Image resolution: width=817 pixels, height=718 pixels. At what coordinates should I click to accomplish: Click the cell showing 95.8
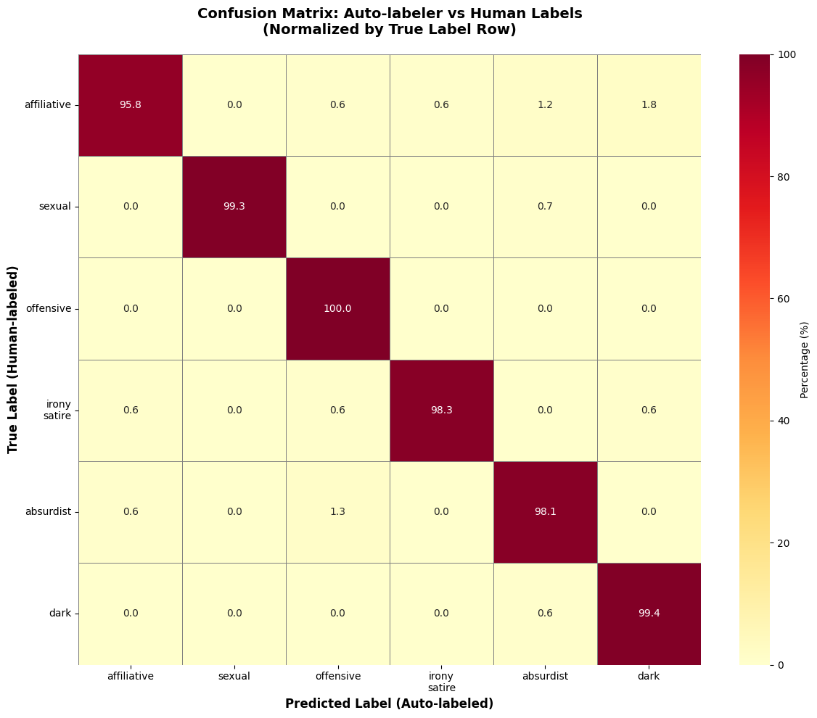coord(131,104)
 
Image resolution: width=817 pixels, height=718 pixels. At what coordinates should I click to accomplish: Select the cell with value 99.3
coord(234,207)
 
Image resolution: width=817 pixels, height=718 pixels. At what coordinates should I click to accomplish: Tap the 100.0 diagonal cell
coord(338,308)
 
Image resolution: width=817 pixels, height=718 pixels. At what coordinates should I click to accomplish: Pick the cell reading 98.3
coord(442,410)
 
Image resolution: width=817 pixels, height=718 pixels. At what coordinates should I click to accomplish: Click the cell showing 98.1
coord(546,511)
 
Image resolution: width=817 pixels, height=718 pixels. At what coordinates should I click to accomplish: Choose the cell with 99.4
coord(649,613)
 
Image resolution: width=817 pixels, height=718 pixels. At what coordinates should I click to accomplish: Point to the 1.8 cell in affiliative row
coord(649,104)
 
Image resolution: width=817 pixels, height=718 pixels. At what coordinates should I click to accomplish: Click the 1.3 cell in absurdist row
coord(338,511)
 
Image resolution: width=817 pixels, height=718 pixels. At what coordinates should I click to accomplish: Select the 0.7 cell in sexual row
coord(546,207)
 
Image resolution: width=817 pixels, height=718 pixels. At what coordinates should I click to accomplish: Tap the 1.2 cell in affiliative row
coord(546,104)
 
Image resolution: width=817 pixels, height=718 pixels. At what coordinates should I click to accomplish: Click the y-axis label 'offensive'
coord(49,308)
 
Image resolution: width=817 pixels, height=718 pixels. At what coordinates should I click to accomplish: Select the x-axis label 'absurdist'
coord(546,676)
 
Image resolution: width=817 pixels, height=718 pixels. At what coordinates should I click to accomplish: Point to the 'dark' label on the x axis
coord(649,676)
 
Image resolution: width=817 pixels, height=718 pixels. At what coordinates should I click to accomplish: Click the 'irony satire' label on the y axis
coord(57,410)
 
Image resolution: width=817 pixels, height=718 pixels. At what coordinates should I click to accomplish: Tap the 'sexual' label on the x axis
coord(234,676)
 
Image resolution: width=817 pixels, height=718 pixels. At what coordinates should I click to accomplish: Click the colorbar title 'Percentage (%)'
coord(804,360)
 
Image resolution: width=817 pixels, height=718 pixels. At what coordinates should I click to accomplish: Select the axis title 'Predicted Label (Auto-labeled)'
coord(389,703)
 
